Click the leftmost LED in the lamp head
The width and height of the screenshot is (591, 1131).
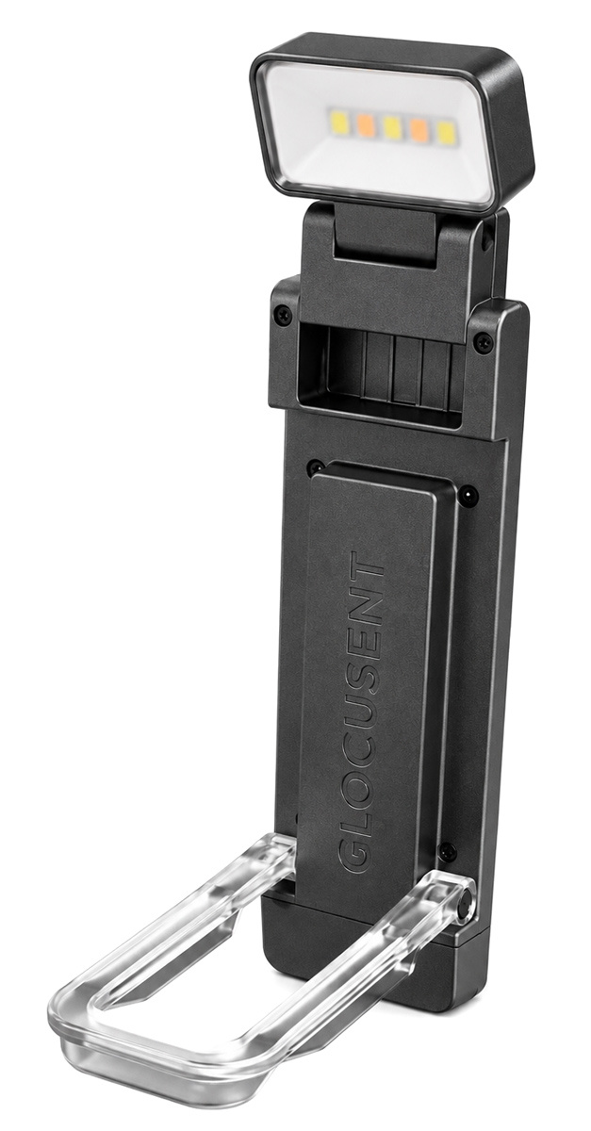click(337, 121)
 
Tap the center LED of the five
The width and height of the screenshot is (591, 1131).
click(390, 127)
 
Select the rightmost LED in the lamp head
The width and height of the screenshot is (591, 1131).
click(445, 133)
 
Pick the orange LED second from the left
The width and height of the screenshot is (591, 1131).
click(364, 124)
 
